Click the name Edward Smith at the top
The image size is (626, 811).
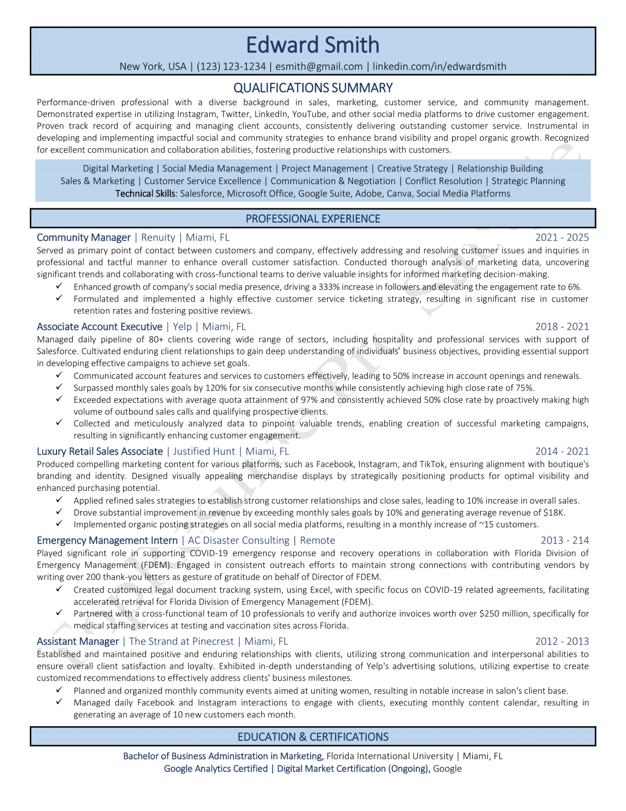click(x=312, y=45)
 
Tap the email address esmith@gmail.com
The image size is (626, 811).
click(x=319, y=67)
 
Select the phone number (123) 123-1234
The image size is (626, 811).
click(x=231, y=67)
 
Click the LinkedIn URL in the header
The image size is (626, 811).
click(x=439, y=67)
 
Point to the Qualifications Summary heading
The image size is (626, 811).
click(x=313, y=88)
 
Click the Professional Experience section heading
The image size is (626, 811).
click(x=313, y=219)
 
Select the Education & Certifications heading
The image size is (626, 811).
click(x=313, y=737)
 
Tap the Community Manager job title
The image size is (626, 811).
click(x=84, y=238)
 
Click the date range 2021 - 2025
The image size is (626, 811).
click(x=562, y=238)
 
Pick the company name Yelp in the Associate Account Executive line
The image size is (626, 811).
click(x=182, y=327)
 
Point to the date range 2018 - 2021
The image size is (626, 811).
click(x=562, y=327)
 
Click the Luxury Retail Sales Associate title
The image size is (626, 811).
click(x=100, y=452)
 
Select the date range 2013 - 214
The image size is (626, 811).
click(x=565, y=541)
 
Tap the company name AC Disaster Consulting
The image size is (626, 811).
click(x=239, y=541)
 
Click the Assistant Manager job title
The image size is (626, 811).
click(x=78, y=642)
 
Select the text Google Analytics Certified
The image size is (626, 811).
click(x=216, y=769)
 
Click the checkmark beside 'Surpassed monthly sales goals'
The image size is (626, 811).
click(x=59, y=388)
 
